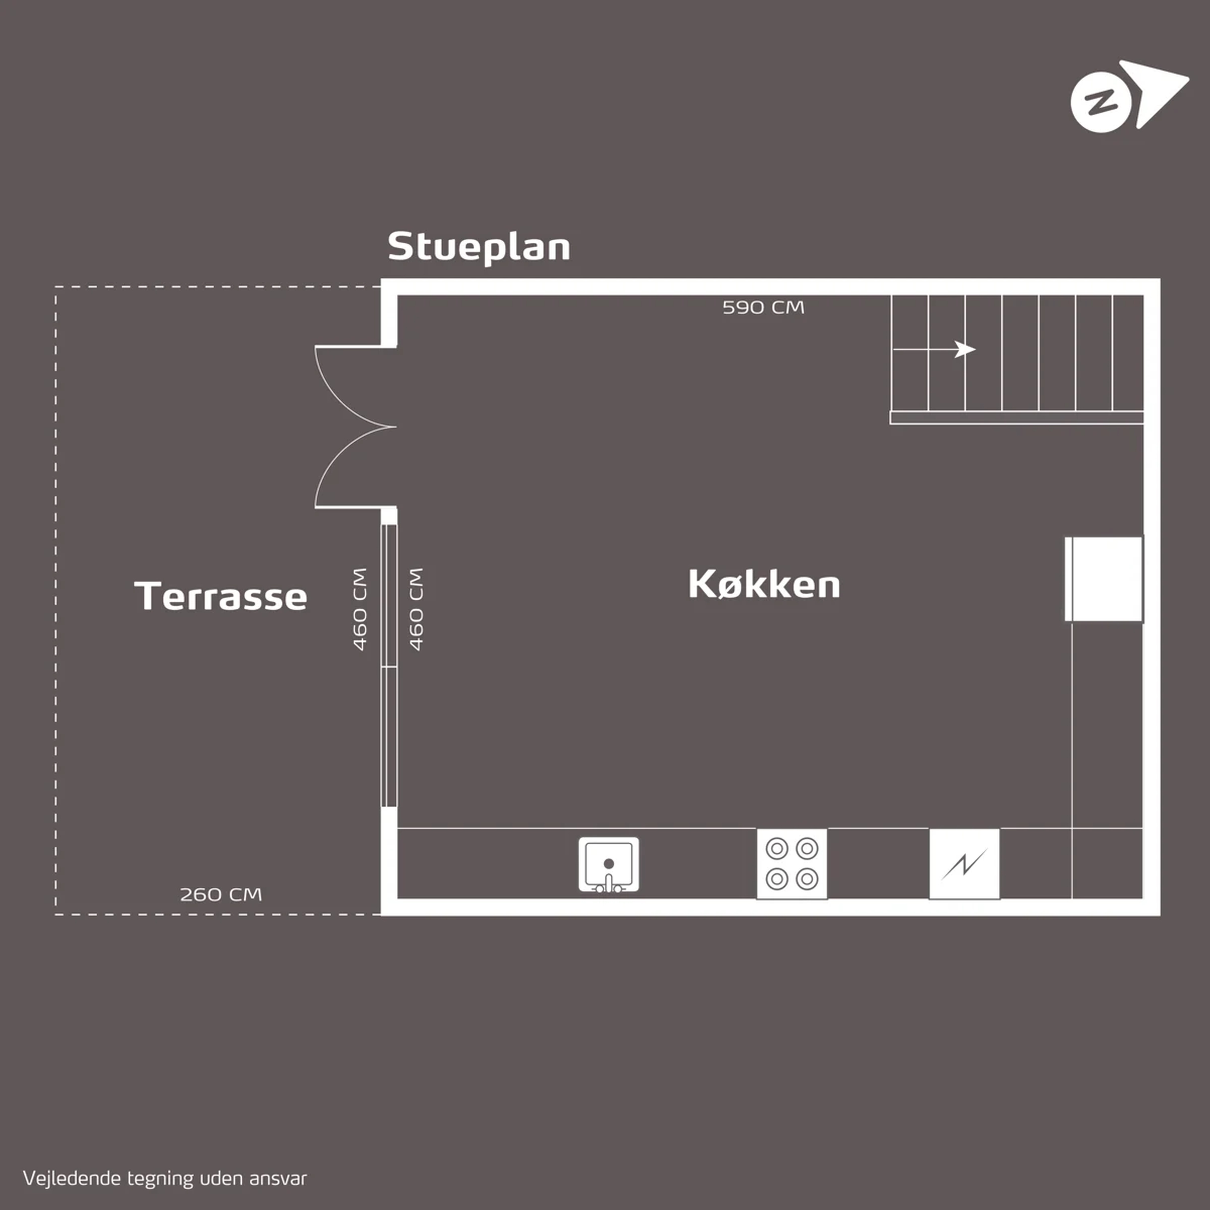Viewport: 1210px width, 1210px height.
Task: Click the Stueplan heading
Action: point(479,247)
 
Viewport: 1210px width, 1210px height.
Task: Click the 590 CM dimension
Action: point(763,308)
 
